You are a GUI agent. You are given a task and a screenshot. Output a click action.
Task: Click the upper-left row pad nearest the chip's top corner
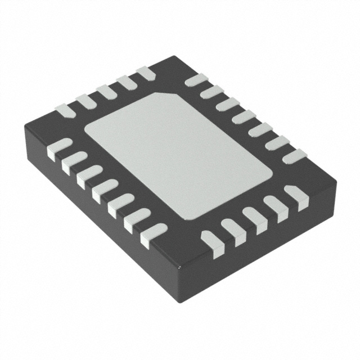tap(146, 73)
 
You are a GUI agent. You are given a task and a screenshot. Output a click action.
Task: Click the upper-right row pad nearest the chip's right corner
tap(294, 155)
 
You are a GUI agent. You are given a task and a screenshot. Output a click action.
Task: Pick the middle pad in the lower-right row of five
tap(254, 219)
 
